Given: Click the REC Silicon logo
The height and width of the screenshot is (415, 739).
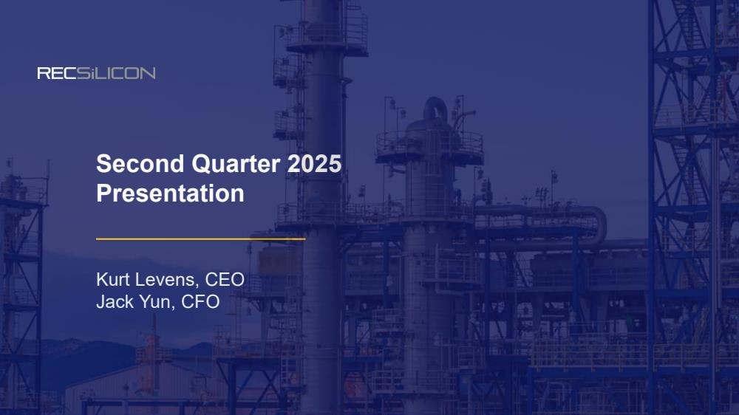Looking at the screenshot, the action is click(96, 73).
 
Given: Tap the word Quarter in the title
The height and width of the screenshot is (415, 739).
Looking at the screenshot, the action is click(236, 164).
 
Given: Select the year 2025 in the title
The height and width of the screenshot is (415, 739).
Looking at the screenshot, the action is click(314, 164).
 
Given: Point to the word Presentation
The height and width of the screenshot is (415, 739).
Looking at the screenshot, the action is click(170, 193).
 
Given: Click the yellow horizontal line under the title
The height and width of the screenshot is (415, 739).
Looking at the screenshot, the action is click(201, 239).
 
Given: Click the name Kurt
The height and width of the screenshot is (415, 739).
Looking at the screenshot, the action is click(112, 279).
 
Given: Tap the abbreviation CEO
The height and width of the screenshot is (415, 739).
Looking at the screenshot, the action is click(225, 279).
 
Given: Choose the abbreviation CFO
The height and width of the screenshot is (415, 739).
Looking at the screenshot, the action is click(200, 301).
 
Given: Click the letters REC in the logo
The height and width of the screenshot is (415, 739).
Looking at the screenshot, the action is click(57, 73).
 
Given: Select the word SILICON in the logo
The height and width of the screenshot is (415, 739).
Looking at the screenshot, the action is click(116, 73).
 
